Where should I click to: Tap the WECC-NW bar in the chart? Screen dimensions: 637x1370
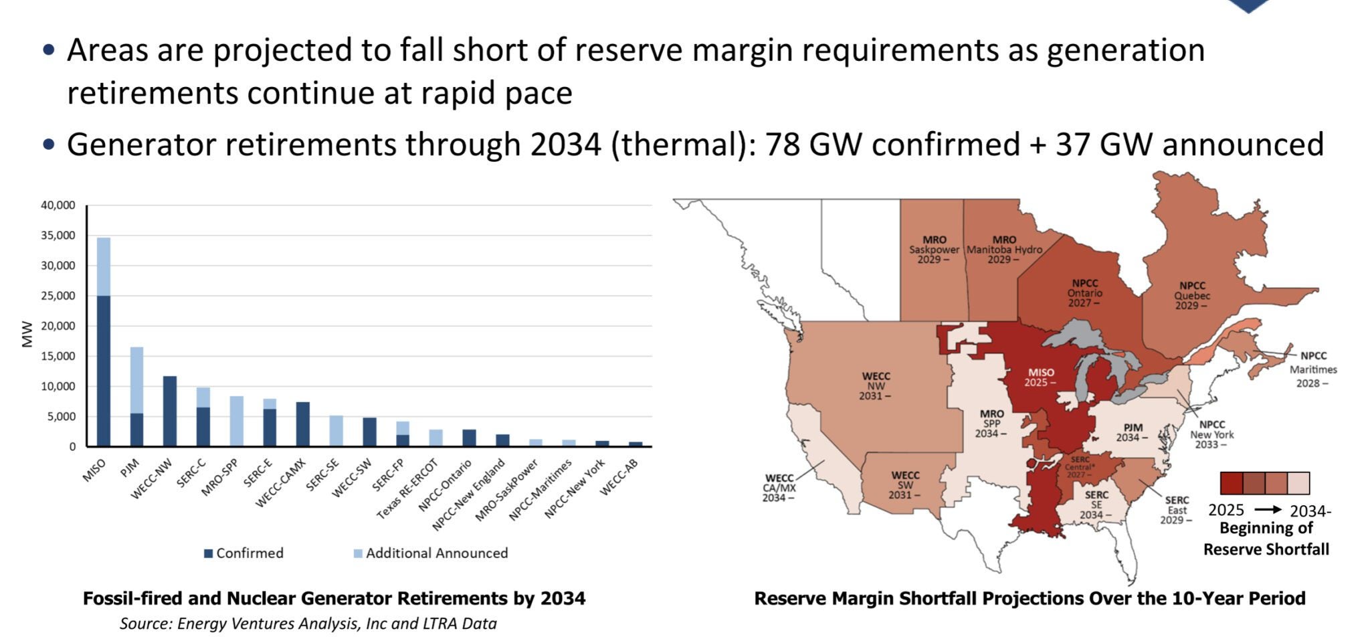click(x=170, y=411)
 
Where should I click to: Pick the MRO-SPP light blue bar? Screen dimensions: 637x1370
click(x=236, y=421)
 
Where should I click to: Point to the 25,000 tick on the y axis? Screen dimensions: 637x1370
click(x=58, y=296)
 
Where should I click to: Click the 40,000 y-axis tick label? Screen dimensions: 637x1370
click(x=58, y=205)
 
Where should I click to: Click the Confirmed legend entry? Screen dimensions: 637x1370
click(x=244, y=553)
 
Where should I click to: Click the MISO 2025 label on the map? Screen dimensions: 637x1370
click(x=1041, y=377)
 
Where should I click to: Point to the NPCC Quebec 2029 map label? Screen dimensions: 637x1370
click(x=1192, y=295)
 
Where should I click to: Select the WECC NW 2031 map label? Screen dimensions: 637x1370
click(x=876, y=386)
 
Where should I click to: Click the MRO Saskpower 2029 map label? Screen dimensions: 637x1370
click(x=934, y=249)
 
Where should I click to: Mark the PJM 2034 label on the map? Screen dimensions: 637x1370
click(x=1133, y=432)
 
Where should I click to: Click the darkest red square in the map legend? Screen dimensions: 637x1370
click(x=1231, y=482)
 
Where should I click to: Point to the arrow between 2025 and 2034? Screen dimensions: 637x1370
click(x=1268, y=510)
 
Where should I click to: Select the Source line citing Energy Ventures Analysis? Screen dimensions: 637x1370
click(x=308, y=624)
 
